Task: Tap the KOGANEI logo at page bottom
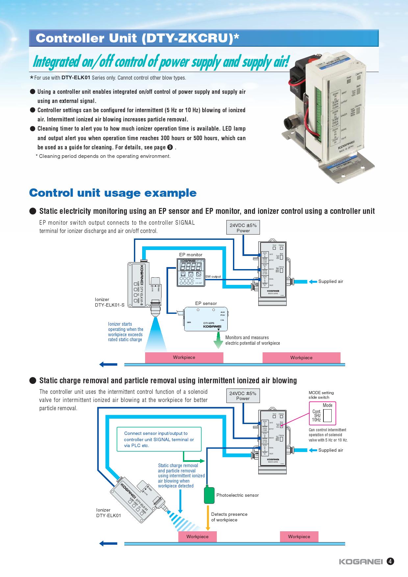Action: pyautogui.click(x=361, y=562)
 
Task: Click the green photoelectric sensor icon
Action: pyautogui.click(x=209, y=494)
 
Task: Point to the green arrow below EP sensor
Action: pyautogui.click(x=218, y=341)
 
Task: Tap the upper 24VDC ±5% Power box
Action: pyautogui.click(x=243, y=227)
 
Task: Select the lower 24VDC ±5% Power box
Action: pyautogui.click(x=243, y=396)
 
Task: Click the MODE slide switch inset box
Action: pyautogui.click(x=322, y=413)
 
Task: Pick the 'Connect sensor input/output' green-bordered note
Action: pyautogui.click(x=159, y=439)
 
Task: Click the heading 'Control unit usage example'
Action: pyautogui.click(x=113, y=193)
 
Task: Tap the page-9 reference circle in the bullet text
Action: pyautogui.click(x=170, y=147)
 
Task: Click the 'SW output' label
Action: pyautogui.click(x=213, y=277)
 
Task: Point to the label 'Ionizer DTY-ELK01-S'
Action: pyautogui.click(x=110, y=302)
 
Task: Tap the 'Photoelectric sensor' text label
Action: pyautogui.click(x=237, y=495)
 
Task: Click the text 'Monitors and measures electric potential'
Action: pyautogui.click(x=252, y=340)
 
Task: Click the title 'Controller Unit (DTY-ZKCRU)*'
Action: pyautogui.click(x=137, y=38)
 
